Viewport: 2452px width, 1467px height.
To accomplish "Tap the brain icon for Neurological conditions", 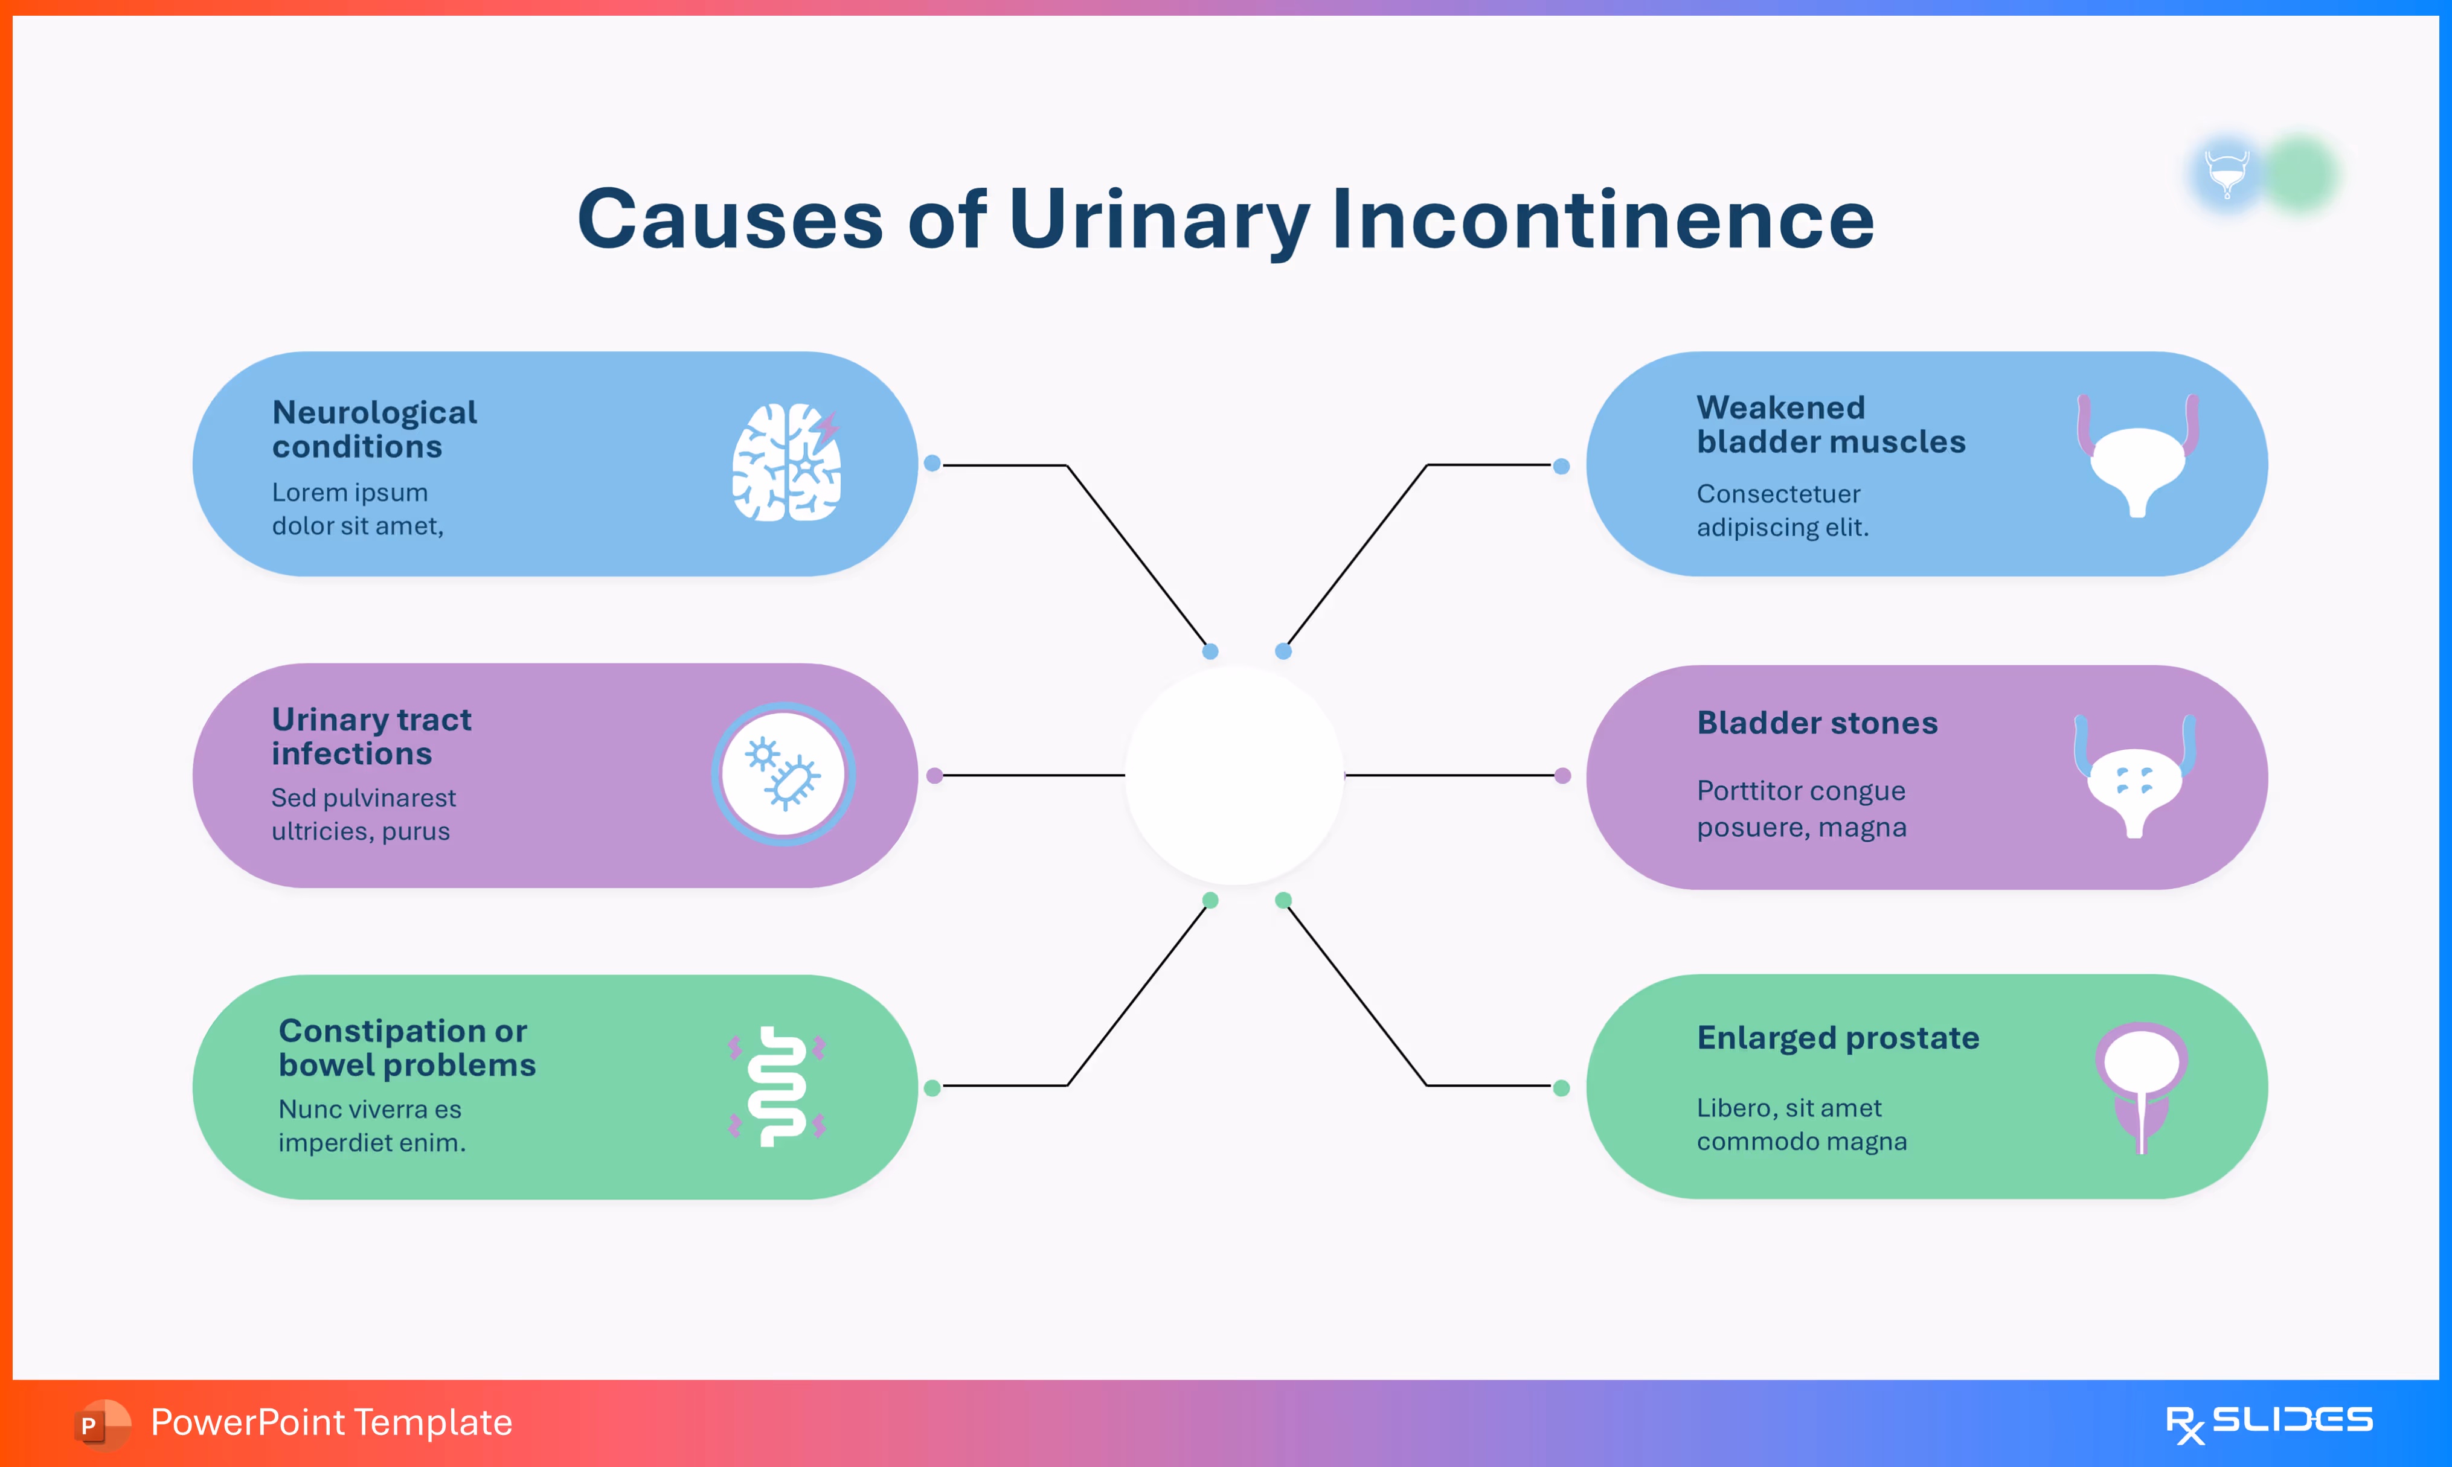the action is pyautogui.click(x=787, y=462).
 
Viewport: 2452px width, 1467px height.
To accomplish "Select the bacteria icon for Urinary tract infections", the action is pyautogui.click(x=784, y=774).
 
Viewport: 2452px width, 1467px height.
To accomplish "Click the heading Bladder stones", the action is pyautogui.click(x=1817, y=723).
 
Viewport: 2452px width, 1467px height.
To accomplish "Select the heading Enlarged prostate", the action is pyautogui.click(x=1838, y=1038).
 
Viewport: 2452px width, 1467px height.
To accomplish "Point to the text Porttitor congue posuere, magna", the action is pyautogui.click(x=1802, y=808).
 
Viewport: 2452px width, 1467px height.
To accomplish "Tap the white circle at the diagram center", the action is pyautogui.click(x=1234, y=776).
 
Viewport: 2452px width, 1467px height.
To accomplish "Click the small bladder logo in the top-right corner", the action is pyautogui.click(x=2227, y=174).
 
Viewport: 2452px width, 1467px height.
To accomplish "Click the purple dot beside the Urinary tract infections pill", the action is pyautogui.click(x=934, y=776).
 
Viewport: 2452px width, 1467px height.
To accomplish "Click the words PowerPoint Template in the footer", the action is pyautogui.click(x=331, y=1422).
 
